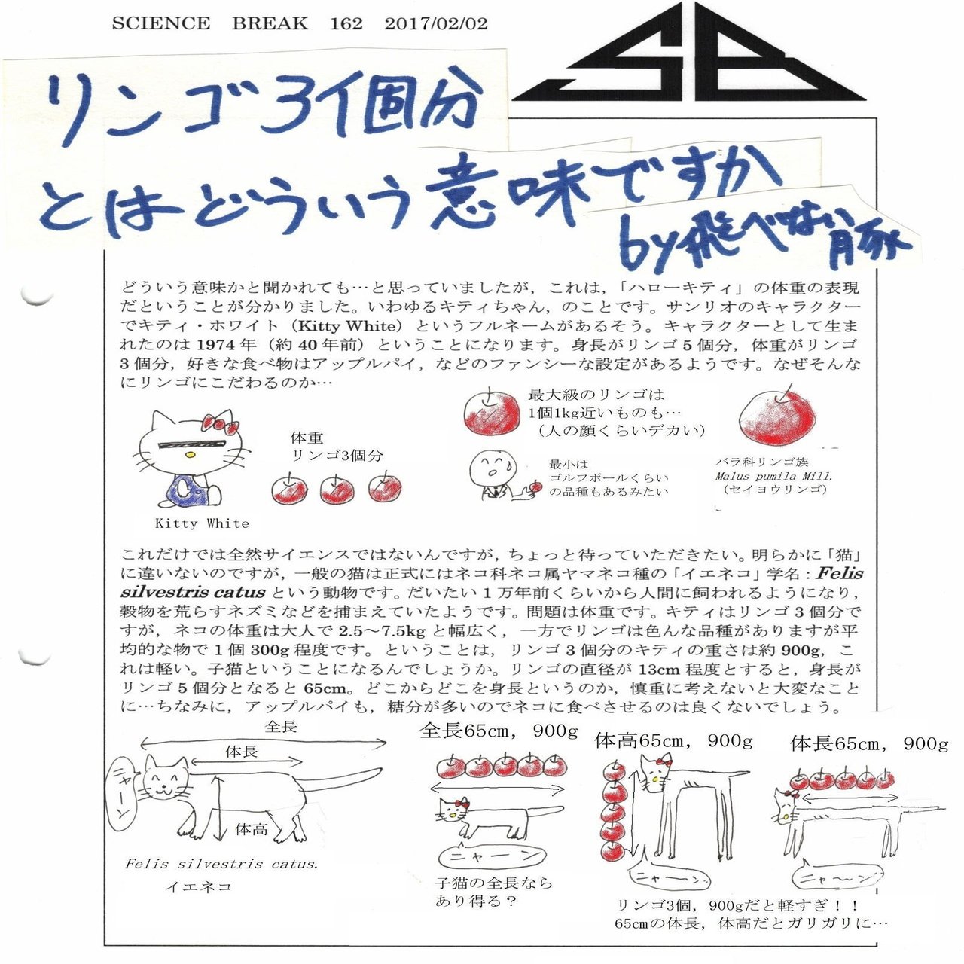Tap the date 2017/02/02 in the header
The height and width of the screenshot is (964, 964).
point(435,23)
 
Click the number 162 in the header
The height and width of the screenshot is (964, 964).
point(346,23)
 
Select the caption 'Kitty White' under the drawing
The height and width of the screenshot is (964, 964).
point(202,523)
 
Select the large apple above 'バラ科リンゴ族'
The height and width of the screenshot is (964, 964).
point(778,419)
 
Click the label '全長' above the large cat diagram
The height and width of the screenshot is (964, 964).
point(281,728)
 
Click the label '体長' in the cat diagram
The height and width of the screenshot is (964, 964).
point(242,751)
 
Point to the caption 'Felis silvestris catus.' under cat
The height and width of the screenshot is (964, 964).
point(221,864)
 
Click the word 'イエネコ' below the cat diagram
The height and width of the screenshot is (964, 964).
point(199,886)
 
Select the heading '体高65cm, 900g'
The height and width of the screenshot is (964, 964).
point(673,741)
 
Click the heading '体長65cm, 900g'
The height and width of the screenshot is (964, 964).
point(869,744)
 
